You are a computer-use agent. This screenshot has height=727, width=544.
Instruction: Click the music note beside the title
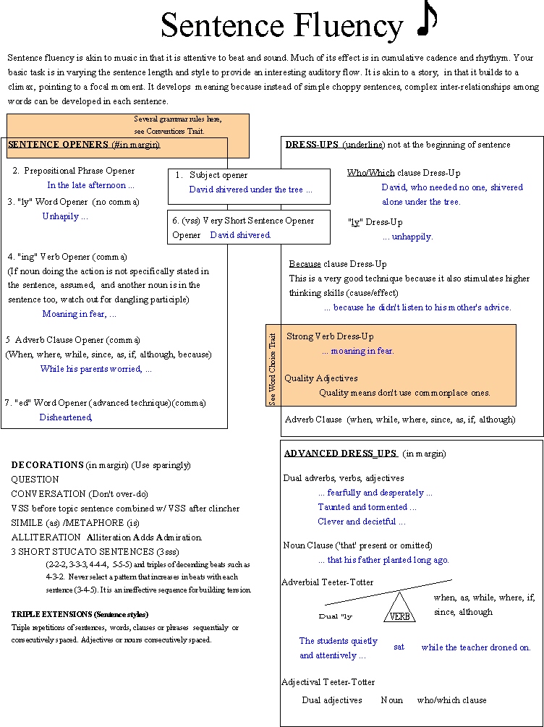click(x=428, y=21)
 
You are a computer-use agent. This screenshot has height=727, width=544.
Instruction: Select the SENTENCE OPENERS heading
click(x=83, y=145)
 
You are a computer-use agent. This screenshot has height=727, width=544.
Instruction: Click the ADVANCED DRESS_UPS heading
click(x=340, y=454)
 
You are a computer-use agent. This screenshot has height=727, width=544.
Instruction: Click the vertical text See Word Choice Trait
click(x=273, y=368)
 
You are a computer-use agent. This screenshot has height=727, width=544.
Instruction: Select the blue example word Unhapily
click(x=64, y=216)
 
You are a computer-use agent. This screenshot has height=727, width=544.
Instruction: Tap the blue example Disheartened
click(x=66, y=417)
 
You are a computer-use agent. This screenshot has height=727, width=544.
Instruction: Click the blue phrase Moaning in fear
click(x=79, y=314)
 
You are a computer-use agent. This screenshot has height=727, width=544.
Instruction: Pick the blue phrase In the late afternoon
click(x=91, y=185)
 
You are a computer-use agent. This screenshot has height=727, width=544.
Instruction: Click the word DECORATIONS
click(x=48, y=464)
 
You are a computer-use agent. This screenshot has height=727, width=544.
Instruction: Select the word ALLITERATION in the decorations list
click(x=46, y=537)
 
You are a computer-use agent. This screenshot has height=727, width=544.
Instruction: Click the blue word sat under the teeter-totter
click(x=399, y=647)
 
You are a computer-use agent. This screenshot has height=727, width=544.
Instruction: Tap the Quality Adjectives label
click(x=320, y=378)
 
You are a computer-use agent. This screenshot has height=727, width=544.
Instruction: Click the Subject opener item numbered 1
click(x=218, y=175)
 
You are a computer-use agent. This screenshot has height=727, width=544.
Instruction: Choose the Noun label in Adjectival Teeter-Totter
click(x=392, y=700)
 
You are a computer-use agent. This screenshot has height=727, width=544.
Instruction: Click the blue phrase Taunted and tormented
click(x=367, y=507)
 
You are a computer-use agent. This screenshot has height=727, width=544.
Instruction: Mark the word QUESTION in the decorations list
click(x=35, y=480)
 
